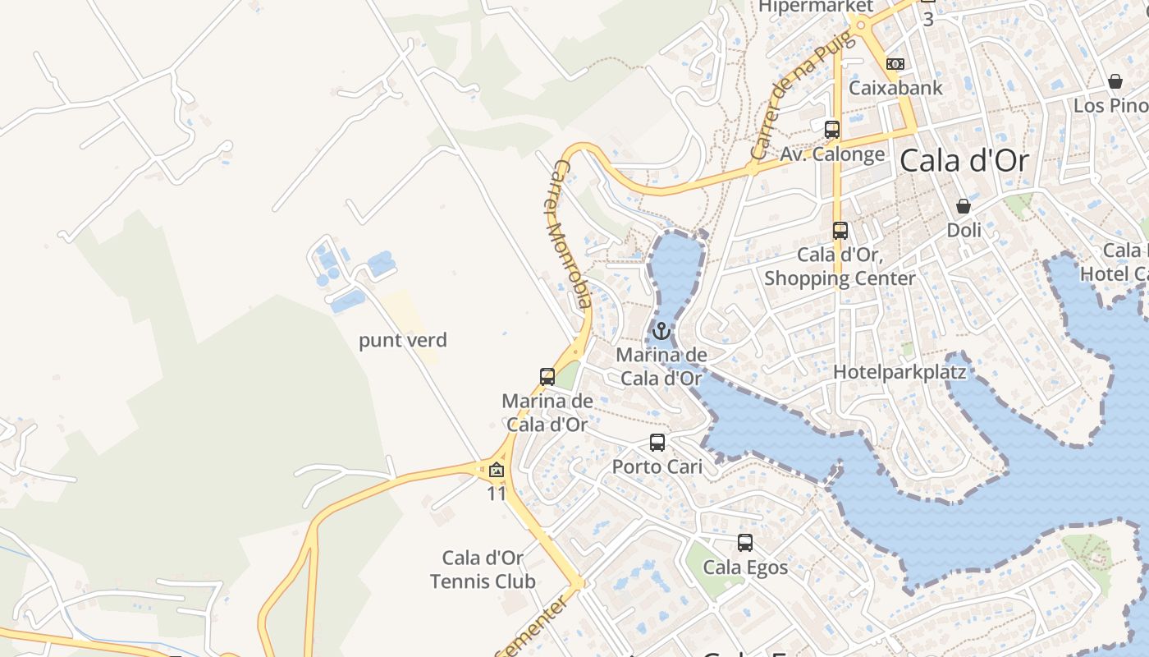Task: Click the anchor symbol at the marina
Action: click(661, 331)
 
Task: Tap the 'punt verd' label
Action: click(403, 340)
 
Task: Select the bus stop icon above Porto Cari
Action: click(657, 443)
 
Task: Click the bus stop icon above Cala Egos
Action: click(745, 543)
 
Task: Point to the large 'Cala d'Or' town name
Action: click(964, 161)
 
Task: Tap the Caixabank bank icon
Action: click(895, 64)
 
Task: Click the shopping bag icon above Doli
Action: click(964, 206)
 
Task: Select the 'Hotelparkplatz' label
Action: click(900, 372)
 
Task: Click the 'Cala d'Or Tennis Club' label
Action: click(483, 570)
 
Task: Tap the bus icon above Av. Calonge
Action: click(832, 130)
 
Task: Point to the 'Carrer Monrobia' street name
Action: click(569, 234)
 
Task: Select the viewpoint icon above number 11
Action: click(496, 470)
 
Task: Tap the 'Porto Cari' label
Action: click(657, 466)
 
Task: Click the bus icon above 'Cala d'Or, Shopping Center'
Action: click(840, 231)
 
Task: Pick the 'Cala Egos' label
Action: click(745, 567)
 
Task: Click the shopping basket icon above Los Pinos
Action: click(1115, 81)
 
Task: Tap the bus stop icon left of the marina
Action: click(547, 377)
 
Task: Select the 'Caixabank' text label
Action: click(895, 88)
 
